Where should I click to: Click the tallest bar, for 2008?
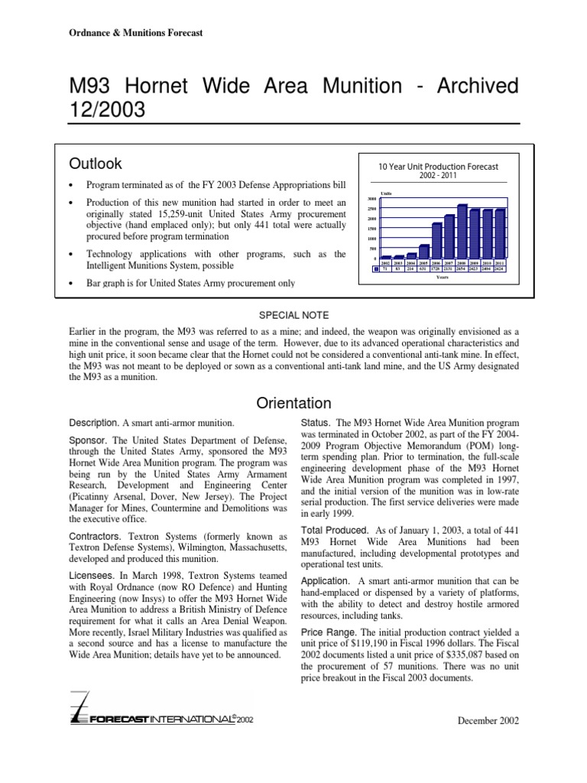click(462, 232)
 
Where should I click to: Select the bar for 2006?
click(436, 241)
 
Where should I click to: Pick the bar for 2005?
click(424, 252)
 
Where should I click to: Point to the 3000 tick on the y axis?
click(371, 199)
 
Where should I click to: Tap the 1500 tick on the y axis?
click(371, 229)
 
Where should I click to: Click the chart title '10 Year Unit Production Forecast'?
click(438, 166)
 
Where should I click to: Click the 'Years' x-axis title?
click(443, 277)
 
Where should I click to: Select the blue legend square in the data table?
click(376, 268)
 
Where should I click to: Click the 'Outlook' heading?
click(96, 164)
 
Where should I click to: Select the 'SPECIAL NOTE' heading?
click(293, 315)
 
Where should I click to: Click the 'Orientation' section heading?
click(293, 403)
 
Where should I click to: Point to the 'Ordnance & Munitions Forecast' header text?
click(131, 34)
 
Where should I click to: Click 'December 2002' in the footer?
click(488, 721)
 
